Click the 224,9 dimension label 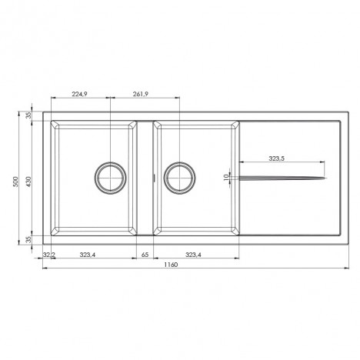pyautogui.click(x=79, y=94)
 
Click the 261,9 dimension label pyautogui.click(x=141, y=94)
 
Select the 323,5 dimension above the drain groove pyautogui.click(x=277, y=158)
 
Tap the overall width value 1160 pyautogui.click(x=171, y=265)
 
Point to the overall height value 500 pyautogui.click(x=16, y=182)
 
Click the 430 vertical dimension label pyautogui.click(x=28, y=182)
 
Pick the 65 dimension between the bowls pyautogui.click(x=145, y=255)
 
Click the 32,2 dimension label pyautogui.click(x=49, y=255)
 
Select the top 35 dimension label pyautogui.click(x=28, y=115)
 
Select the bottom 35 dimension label pyautogui.click(x=28, y=239)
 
